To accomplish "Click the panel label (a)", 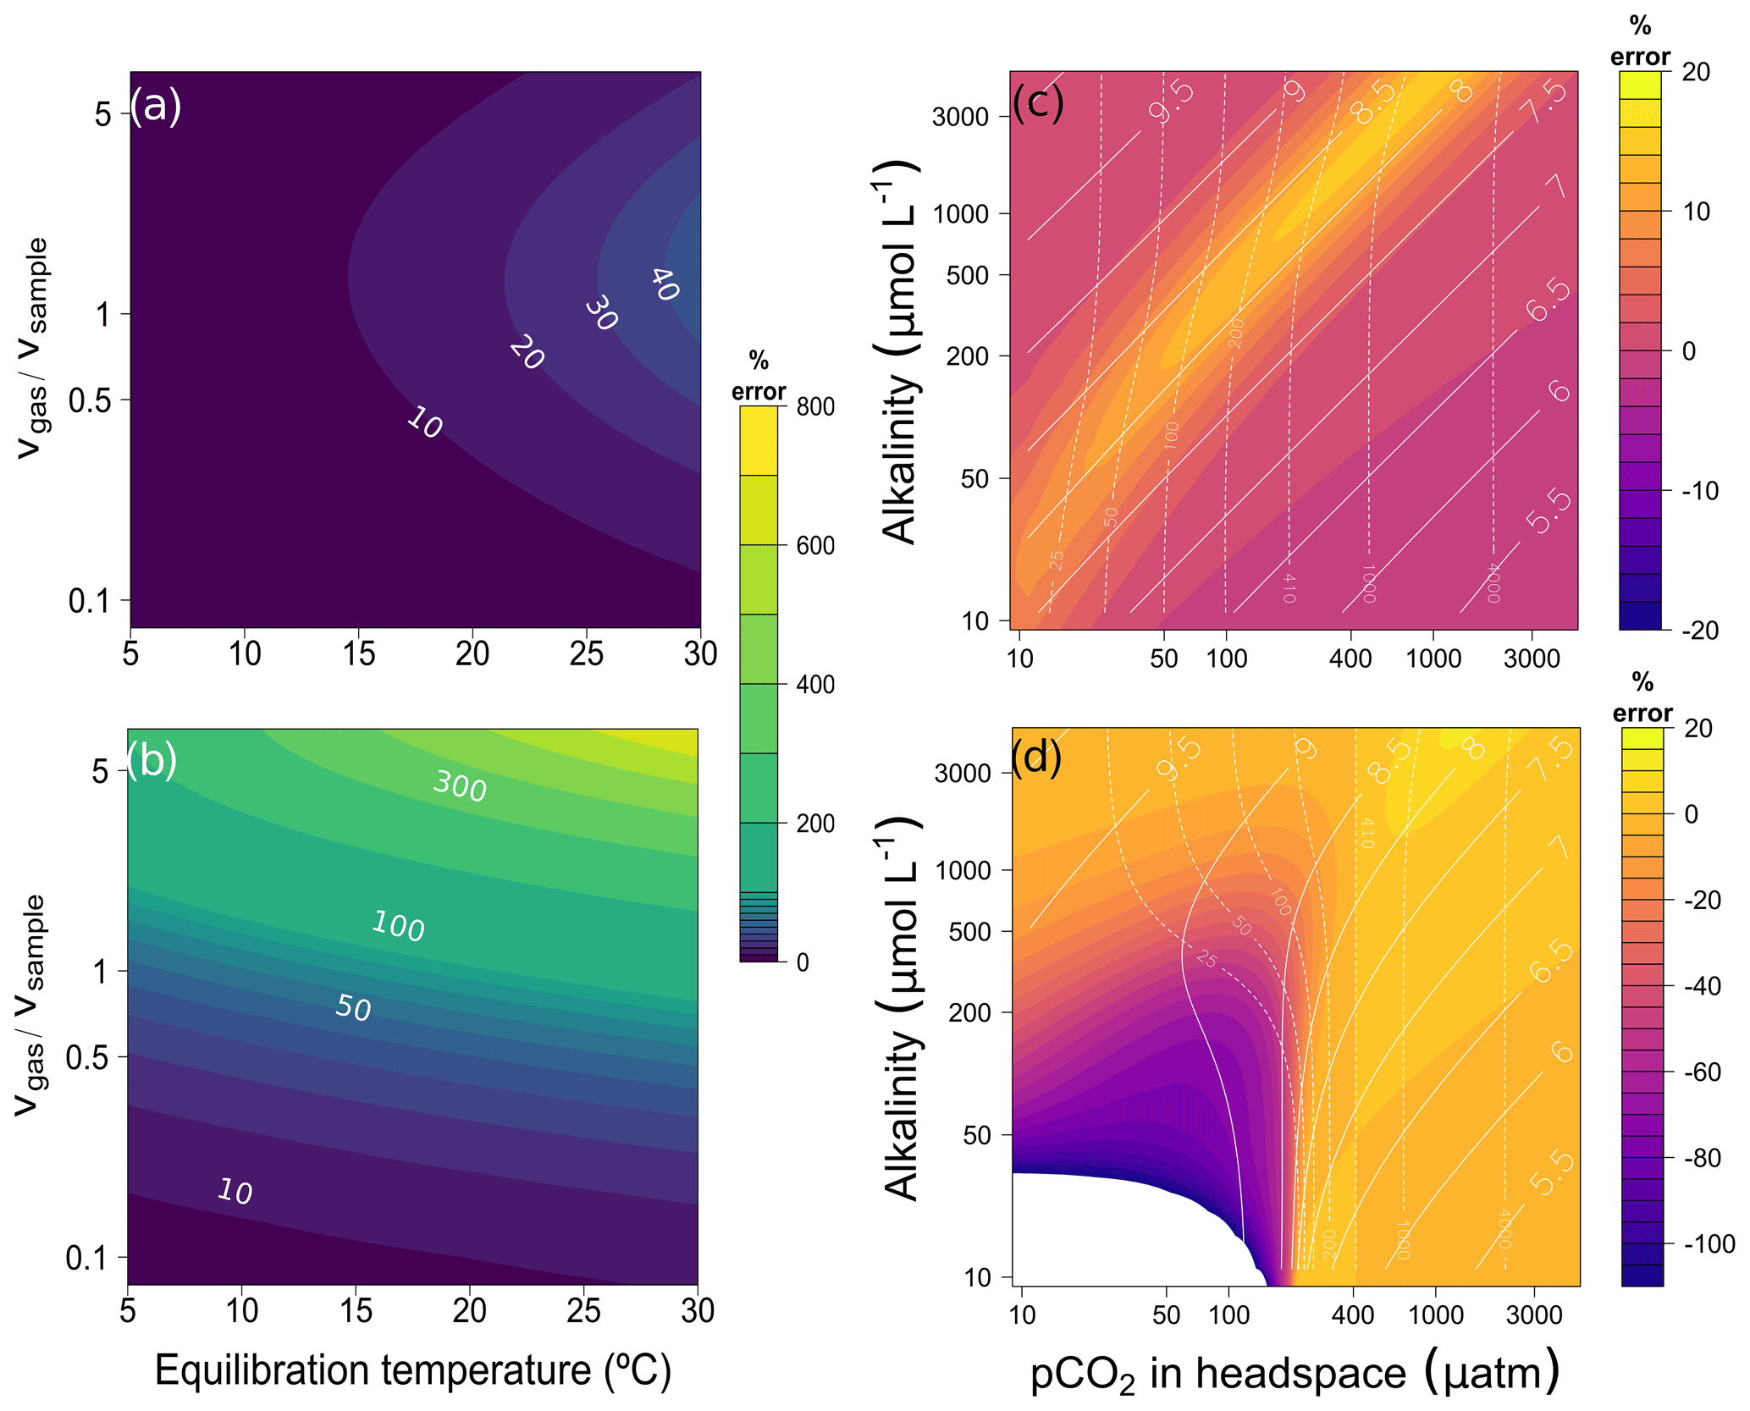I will pos(156,107).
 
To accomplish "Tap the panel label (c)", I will pos(1038,104).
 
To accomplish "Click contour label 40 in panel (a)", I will pos(665,284).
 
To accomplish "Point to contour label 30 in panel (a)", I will pos(601,313).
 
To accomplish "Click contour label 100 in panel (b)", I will pos(398,926).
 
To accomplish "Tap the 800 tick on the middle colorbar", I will pos(815,407).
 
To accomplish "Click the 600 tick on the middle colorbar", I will pos(815,546).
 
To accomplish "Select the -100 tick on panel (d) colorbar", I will pos(1710,1243).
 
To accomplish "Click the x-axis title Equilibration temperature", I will pos(413,1370).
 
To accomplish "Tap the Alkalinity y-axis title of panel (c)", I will pos(900,351).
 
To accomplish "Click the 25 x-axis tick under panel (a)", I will pos(586,653).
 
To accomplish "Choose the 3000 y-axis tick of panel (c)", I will pos(960,117).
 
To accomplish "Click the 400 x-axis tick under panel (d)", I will pos(1353,1315).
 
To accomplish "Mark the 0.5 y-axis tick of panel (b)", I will pos(87,1058).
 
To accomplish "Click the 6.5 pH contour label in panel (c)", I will pos(1549,300).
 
